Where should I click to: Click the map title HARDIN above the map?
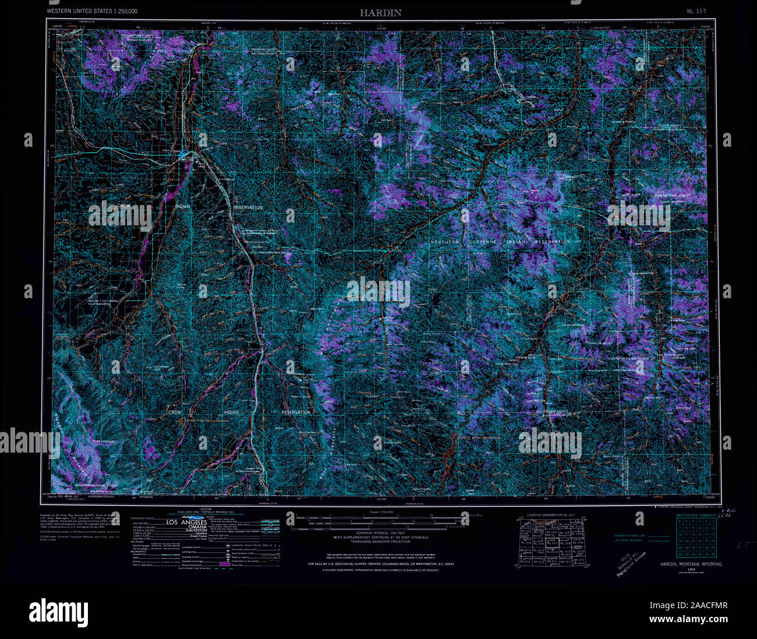tap(380, 12)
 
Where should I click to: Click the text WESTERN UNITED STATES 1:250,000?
tap(93, 12)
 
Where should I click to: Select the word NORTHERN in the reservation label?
tap(445, 242)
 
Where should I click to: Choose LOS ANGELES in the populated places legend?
tap(186, 523)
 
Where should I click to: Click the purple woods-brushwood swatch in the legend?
tap(224, 564)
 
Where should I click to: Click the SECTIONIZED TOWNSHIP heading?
tap(694, 516)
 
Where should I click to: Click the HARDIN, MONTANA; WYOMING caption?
tap(691, 564)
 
